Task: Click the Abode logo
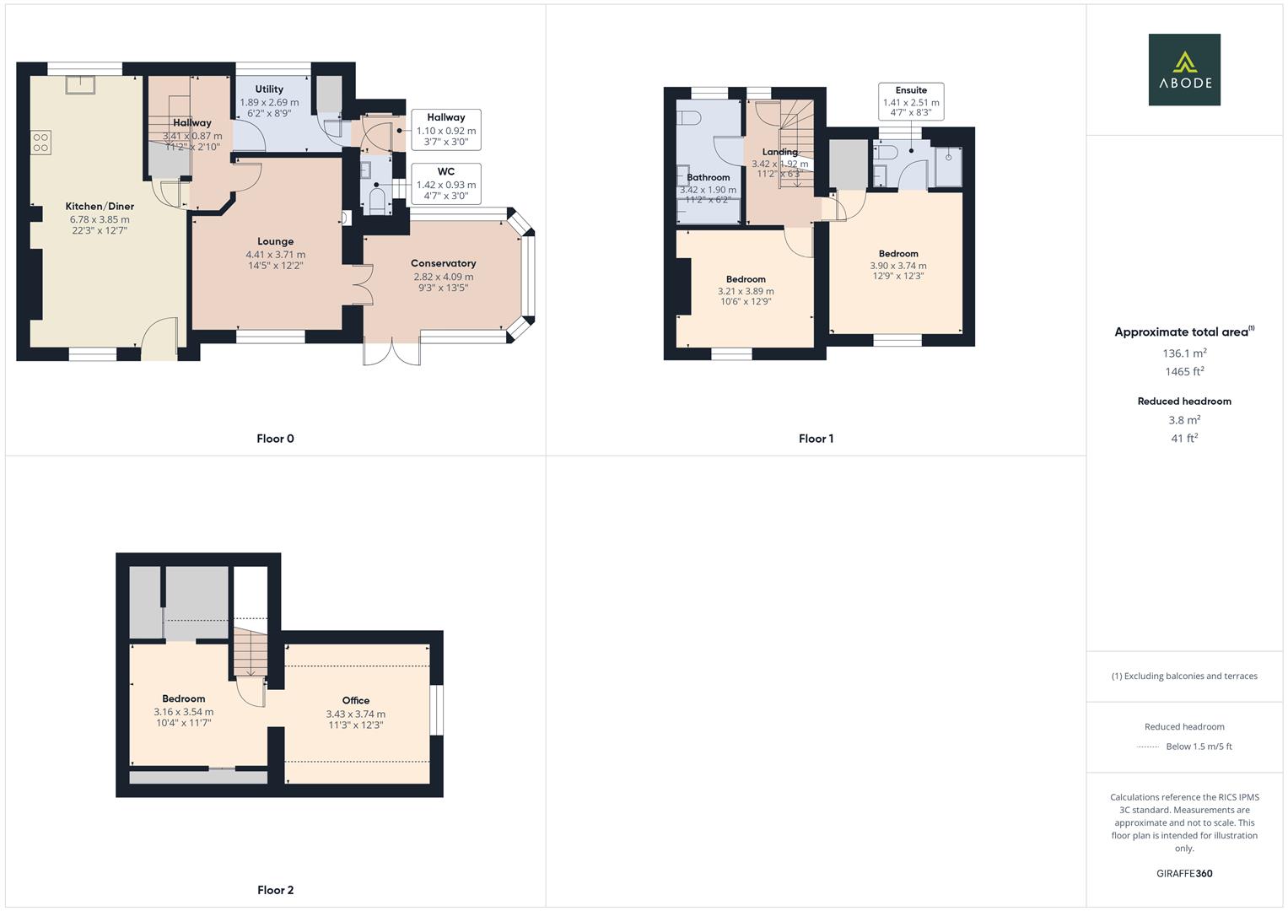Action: coord(1184,69)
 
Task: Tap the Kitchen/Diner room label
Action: coord(100,207)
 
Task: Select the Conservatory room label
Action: coord(443,263)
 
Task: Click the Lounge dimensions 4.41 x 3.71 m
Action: coord(275,255)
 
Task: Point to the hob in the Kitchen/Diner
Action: coord(40,142)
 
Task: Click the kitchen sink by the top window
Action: coord(81,84)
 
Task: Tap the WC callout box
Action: coord(445,184)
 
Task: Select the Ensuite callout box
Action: coord(910,101)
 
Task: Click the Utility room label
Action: coord(269,89)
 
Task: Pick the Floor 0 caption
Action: coord(275,439)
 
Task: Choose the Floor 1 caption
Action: coord(816,439)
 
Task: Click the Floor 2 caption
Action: coord(275,890)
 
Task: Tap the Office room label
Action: coord(355,700)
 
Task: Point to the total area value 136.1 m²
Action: coord(1184,353)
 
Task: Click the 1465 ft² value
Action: coord(1184,372)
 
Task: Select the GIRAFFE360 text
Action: coord(1184,874)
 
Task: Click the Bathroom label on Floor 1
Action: coord(708,177)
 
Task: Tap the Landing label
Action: coord(779,152)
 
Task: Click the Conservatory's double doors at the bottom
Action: coord(391,353)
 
